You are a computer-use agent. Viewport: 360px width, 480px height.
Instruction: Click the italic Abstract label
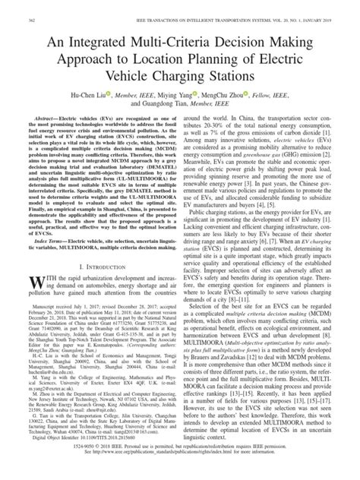38,120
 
